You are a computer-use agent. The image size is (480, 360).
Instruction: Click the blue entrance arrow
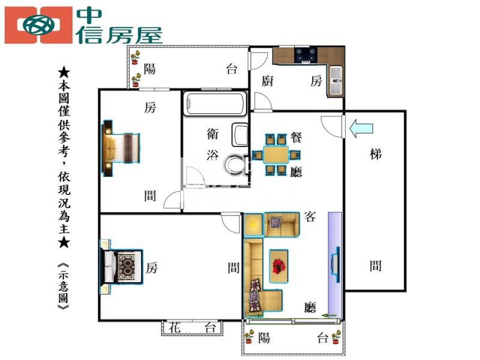[361, 128]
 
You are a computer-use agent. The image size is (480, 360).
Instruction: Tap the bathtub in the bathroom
[215, 104]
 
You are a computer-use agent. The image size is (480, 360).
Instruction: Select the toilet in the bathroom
[237, 164]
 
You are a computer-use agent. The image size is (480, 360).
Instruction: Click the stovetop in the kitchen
[305, 55]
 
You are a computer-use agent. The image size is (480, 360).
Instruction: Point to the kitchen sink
[336, 81]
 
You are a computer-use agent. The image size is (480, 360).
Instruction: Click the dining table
[276, 155]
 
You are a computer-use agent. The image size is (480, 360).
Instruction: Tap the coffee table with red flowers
[278, 266]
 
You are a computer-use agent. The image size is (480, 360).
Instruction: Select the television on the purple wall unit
[335, 265]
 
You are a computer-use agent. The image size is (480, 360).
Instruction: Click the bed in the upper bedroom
[121, 148]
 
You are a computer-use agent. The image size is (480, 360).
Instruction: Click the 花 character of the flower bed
[175, 327]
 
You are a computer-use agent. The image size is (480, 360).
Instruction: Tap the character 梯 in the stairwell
[376, 154]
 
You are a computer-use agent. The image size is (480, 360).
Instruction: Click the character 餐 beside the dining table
[296, 137]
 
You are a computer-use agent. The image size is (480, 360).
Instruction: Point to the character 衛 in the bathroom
[212, 134]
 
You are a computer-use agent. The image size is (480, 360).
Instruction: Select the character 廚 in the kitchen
[267, 81]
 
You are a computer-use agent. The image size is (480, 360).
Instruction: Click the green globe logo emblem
[39, 25]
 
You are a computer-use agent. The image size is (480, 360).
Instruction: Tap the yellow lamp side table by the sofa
[253, 224]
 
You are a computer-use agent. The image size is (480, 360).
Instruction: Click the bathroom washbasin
[239, 134]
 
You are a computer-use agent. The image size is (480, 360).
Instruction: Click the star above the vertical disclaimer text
[64, 72]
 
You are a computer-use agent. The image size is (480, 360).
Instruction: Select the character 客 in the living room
[310, 217]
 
